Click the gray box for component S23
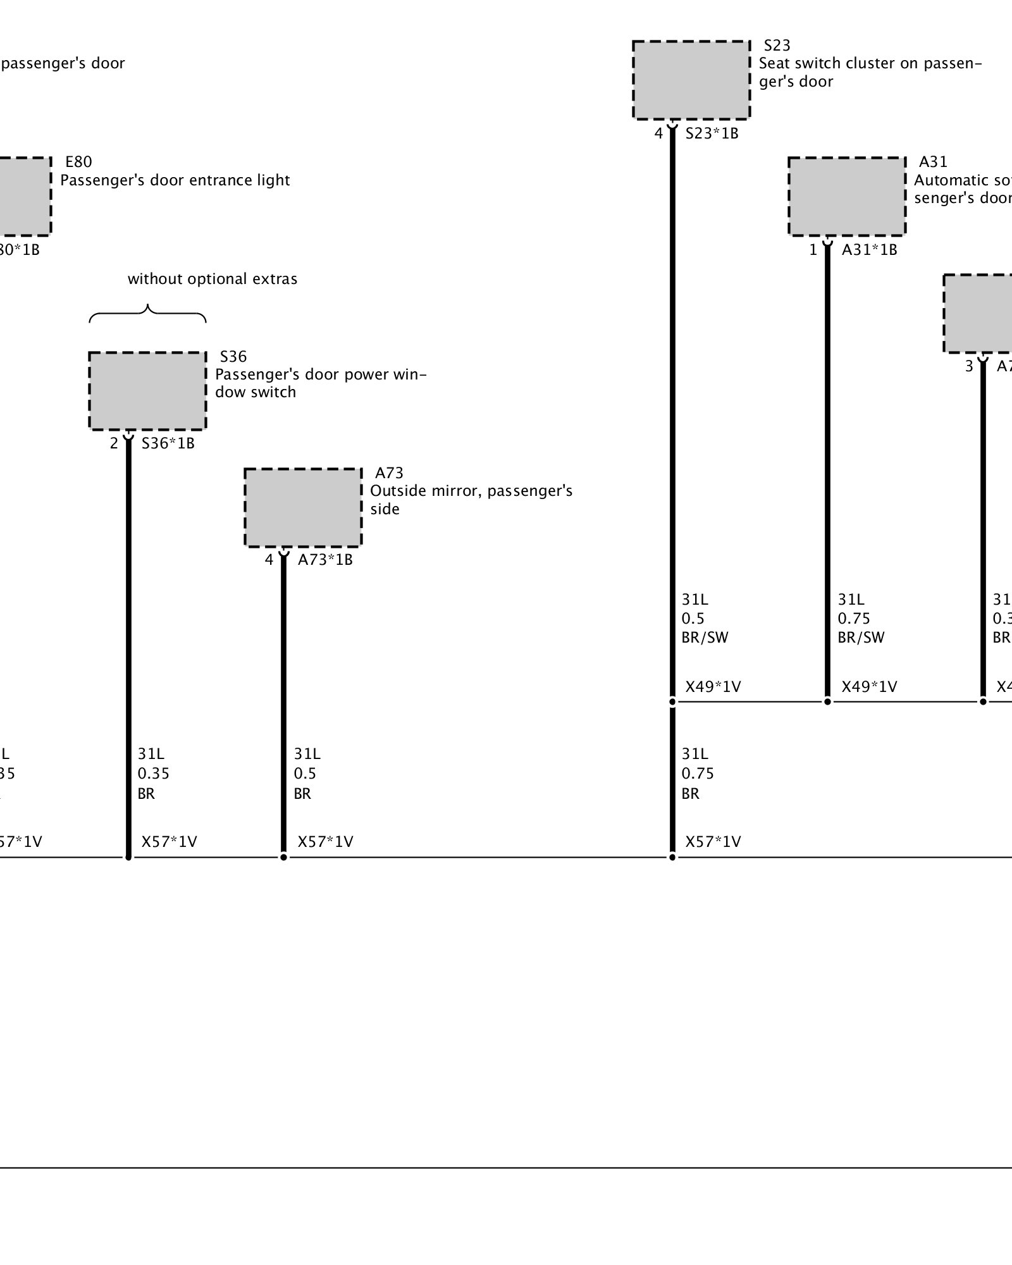point(691,80)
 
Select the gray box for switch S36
point(147,391)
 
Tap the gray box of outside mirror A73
point(303,507)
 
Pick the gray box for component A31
point(847,196)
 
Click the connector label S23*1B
point(712,133)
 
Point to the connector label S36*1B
point(168,443)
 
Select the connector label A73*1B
point(325,560)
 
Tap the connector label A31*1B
point(869,250)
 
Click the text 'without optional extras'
point(213,279)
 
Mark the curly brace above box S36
point(147,313)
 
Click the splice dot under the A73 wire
point(283,857)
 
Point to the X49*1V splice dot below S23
point(672,701)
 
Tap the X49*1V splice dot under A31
point(827,701)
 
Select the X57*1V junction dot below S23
point(672,857)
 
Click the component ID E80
point(78,162)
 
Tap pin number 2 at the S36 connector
point(114,443)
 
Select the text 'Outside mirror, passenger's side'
point(471,500)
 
